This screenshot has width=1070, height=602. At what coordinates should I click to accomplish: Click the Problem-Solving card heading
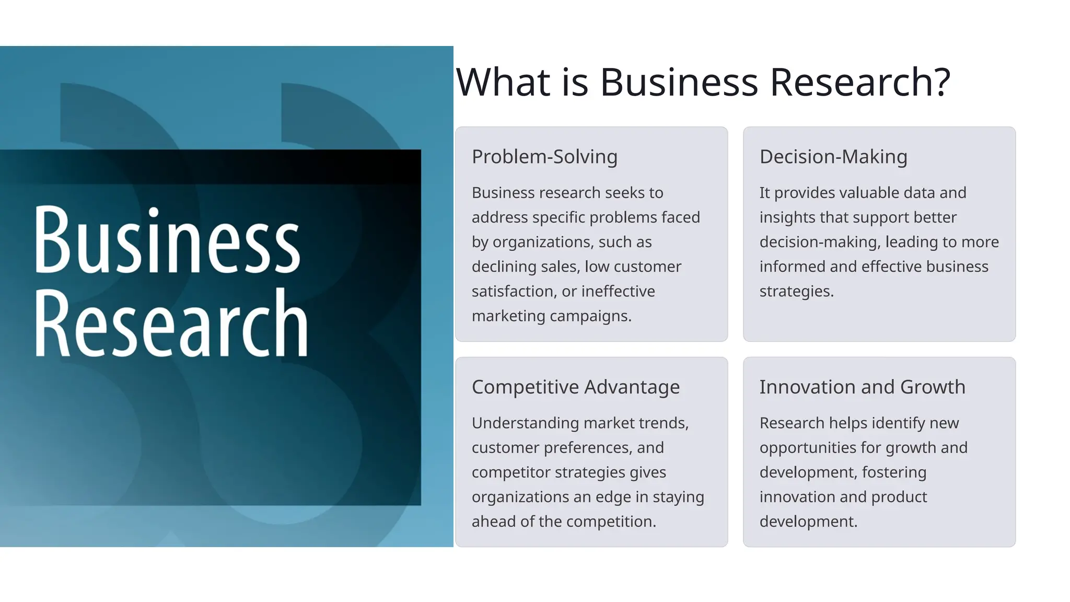[x=544, y=157]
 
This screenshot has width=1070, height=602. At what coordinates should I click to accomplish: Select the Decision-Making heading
[x=833, y=157]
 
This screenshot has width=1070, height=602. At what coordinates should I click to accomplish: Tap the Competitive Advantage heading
[x=575, y=387]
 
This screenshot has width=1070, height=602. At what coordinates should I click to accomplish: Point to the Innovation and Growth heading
[x=862, y=387]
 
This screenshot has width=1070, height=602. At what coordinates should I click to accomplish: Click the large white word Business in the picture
[x=167, y=240]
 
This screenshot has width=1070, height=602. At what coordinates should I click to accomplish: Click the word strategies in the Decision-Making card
[x=796, y=292]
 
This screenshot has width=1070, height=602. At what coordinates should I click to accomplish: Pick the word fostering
[x=894, y=472]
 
